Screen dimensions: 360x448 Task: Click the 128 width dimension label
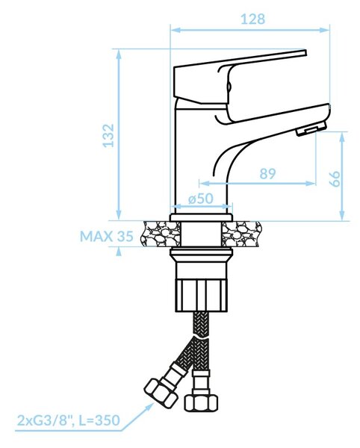coord(253,19)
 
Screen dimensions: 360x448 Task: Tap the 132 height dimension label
coord(108,135)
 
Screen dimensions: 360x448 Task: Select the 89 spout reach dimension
coord(267,174)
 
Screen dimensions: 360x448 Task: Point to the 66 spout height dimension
coord(335,179)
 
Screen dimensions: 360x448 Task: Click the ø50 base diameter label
coord(201,199)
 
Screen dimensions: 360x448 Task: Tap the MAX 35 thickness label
coord(107,236)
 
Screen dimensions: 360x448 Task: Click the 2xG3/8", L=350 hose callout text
coord(69,420)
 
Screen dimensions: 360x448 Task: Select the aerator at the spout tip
coord(311,128)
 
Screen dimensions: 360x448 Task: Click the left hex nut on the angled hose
coord(161,392)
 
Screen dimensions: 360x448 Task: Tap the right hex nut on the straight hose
coord(201,403)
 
